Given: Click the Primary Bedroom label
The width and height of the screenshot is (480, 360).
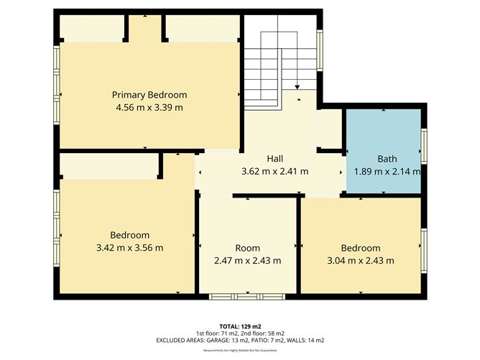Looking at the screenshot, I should pos(149,95).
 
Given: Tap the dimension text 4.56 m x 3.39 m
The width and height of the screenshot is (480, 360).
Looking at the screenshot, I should pos(149,108).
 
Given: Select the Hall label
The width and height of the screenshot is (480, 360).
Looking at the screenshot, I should pos(275,159).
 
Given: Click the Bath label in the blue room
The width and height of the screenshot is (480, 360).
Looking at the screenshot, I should pos(387,159).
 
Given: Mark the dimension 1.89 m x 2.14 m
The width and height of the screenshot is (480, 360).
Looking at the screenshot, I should pos(387,172).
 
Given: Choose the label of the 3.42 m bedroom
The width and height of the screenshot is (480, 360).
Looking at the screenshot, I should pos(129,235).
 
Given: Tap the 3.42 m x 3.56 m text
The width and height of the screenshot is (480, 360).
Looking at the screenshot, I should pos(129,248).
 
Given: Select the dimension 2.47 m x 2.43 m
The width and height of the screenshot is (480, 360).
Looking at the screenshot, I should pos(247,260).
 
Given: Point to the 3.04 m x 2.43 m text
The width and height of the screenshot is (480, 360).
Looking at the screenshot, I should pos(360,260).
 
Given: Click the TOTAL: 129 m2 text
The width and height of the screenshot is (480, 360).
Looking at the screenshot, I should pos(240,326).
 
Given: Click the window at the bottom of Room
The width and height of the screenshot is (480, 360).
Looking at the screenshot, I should pos(247,296).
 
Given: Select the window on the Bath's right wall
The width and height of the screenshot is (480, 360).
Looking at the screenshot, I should pos(424,147).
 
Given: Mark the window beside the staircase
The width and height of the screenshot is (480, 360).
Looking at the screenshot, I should pos(320,52).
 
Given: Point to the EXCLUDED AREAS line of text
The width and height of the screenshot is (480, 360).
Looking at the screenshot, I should pos(240,340).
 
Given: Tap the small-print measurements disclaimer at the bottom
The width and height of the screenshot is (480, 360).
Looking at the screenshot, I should pos(240,350).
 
